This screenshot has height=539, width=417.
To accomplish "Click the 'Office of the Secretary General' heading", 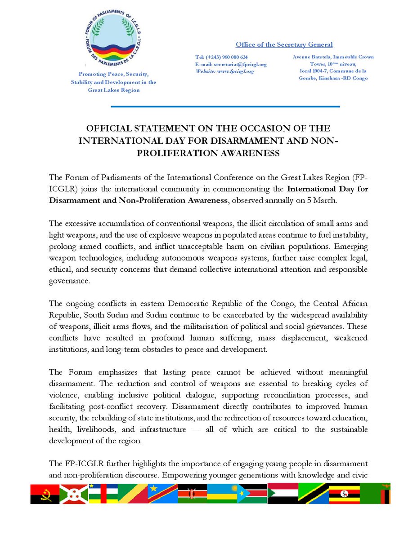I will pyautogui.click(x=284, y=44).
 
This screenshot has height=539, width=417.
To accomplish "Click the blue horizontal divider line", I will pyautogui.click(x=224, y=106).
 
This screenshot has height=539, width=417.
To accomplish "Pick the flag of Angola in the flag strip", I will pyautogui.click(x=45, y=493).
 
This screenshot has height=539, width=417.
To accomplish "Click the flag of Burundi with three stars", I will pyautogui.click(x=74, y=493).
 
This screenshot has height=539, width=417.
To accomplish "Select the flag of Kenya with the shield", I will pyautogui.click(x=193, y=493).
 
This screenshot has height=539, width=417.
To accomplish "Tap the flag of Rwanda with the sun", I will pyautogui.click(x=222, y=493).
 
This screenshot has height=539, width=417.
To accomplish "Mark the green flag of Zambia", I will pyautogui.click(x=375, y=493).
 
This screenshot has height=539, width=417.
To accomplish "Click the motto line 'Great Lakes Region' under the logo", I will pyautogui.click(x=113, y=90).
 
